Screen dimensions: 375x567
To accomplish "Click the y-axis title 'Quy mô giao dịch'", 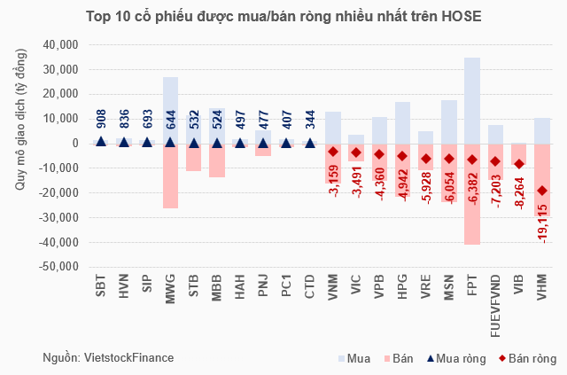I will coord(17,155).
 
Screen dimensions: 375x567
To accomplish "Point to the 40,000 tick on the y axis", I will coord(61,45).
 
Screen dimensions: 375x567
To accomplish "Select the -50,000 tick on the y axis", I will coord(59,267).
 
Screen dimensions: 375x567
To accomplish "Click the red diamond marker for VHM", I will coord(541,191).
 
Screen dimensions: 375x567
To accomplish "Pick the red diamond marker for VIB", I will coord(518,164).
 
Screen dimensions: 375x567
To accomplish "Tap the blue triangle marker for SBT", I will coord(101,141).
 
